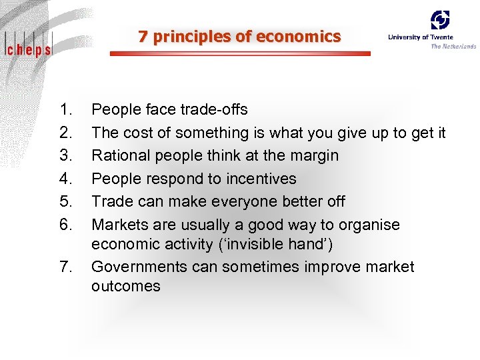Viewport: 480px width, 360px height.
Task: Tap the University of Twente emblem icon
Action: [x=439, y=20]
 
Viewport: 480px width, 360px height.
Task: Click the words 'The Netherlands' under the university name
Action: [x=453, y=46]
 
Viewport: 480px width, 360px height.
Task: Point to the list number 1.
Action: [x=65, y=109]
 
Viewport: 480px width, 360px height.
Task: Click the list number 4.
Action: [x=65, y=179]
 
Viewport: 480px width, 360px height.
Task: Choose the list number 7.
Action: [x=65, y=267]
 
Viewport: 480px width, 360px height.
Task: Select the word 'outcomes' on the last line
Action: [x=126, y=287]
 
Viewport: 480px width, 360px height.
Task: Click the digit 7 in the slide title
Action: [x=143, y=37]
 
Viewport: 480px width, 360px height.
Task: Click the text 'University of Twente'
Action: [x=420, y=37]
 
